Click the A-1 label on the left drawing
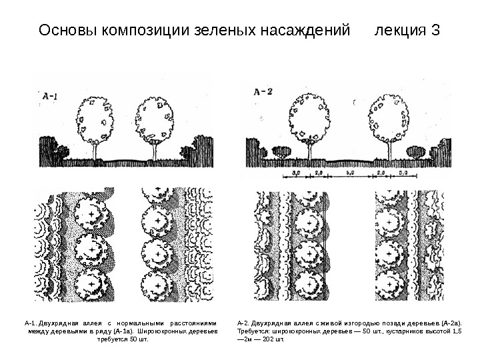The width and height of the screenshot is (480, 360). tap(49, 98)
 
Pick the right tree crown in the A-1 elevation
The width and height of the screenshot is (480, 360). tap(155, 119)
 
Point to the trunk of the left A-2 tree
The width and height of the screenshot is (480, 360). tap(309, 151)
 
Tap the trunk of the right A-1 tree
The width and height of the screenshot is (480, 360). tap(156, 151)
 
